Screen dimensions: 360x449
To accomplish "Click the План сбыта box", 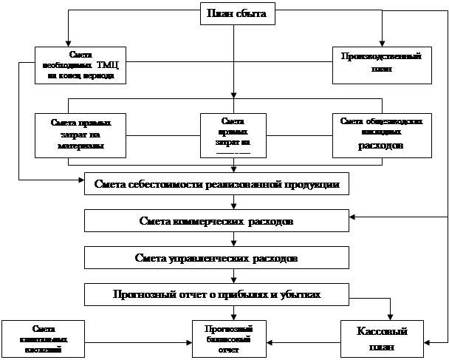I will point(233,13).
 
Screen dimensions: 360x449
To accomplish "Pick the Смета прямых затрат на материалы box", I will point(79,134).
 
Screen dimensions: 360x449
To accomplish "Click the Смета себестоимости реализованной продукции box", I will point(216,185).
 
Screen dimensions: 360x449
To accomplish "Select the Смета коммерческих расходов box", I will point(216,221).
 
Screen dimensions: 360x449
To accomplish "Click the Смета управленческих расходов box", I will point(216,258).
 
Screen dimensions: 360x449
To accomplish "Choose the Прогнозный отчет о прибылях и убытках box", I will point(216,294).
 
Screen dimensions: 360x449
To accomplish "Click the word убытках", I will point(302,294).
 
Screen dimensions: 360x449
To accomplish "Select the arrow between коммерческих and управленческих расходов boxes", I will point(233,239).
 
